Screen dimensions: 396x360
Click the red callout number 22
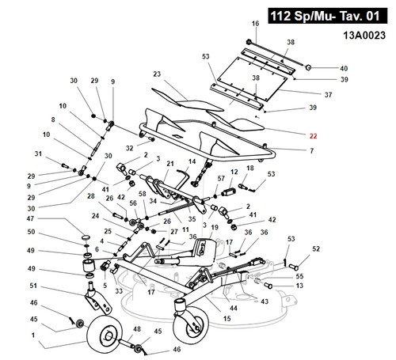(x=313, y=136)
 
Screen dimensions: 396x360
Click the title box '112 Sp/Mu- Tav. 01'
(x=328, y=16)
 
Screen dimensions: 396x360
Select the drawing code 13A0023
(x=364, y=36)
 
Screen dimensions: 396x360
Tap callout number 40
(x=344, y=69)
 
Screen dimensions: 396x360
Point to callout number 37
(x=328, y=95)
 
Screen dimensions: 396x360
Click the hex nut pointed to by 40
(x=308, y=67)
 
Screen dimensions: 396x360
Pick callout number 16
(x=255, y=24)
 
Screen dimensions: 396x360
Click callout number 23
(x=157, y=74)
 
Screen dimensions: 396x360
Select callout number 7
(x=312, y=150)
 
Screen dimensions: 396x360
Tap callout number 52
(x=316, y=248)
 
